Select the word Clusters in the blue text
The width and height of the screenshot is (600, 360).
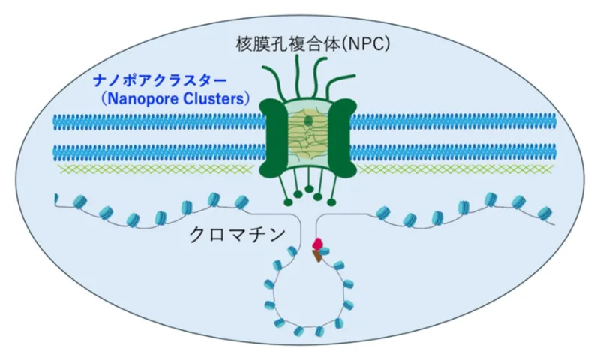point(223,97)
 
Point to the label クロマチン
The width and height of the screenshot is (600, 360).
point(237,234)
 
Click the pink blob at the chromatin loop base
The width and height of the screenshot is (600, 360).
point(317,243)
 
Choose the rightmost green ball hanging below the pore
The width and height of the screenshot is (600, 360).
point(331,200)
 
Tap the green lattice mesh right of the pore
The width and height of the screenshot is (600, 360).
point(457,169)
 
